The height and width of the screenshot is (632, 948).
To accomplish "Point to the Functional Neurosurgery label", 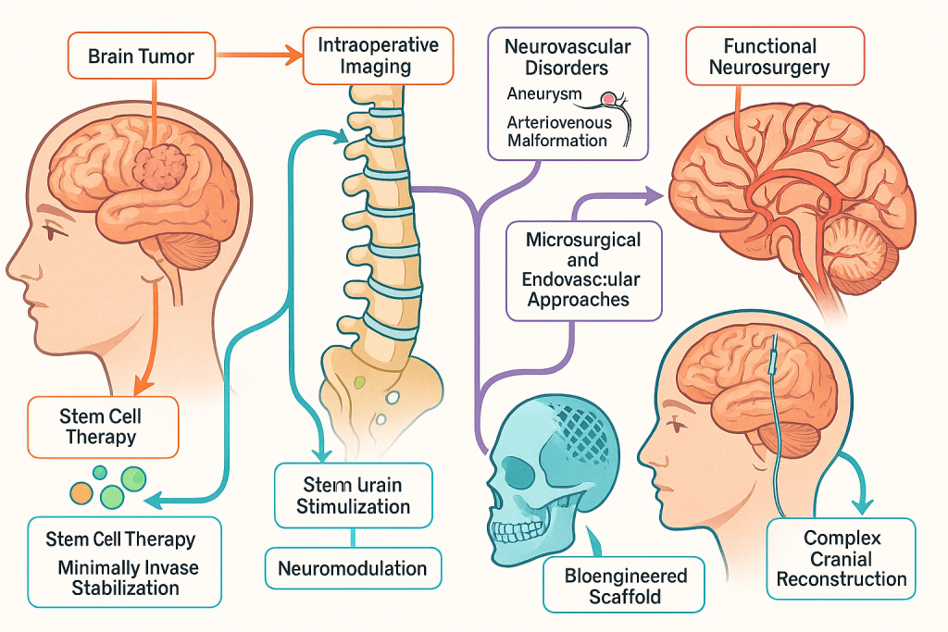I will coord(776,56).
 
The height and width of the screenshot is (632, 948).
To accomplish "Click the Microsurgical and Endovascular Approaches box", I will coord(583,269).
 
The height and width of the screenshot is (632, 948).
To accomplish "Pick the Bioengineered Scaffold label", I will coord(626,586).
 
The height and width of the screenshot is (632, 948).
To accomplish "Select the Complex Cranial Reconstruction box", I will coord(841,558).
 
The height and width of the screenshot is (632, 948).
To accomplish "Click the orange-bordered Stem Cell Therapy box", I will coord(102,427).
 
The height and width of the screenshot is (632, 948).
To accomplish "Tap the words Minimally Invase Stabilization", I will coord(128,577).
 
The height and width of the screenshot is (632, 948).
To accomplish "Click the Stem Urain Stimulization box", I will coord(353,495).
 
